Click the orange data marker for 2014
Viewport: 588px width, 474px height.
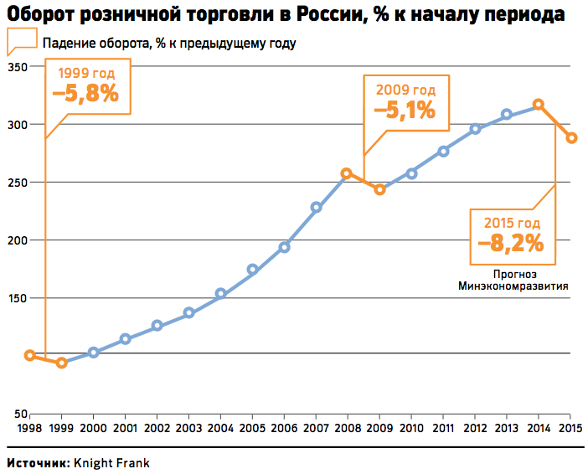pos(539,105)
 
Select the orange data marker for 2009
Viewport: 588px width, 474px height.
pos(379,189)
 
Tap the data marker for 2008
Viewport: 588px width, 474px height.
pos(347,173)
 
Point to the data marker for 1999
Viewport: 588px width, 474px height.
pos(61,363)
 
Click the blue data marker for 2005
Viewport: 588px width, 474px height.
pos(252,270)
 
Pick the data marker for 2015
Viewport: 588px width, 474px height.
pos(571,138)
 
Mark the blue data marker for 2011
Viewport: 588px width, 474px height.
pos(443,151)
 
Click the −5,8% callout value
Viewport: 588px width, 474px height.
pos(85,94)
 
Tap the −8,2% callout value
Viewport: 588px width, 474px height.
pos(511,244)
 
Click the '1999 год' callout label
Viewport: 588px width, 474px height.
pos(86,74)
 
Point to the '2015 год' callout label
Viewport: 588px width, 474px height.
pos(512,224)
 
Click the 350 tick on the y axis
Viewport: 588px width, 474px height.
pos(17,66)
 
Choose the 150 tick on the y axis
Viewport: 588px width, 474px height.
pos(17,298)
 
